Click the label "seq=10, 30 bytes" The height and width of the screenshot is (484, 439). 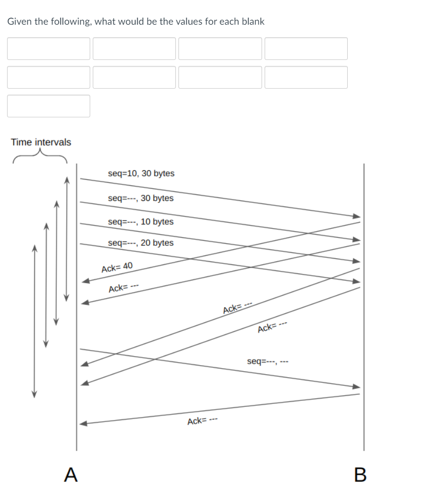[x=141, y=173]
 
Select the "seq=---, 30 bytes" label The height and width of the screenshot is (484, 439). [x=141, y=198]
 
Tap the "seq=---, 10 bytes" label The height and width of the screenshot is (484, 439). [x=141, y=222]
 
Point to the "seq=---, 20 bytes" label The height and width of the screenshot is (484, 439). [x=141, y=243]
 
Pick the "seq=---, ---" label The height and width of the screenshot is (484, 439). [x=268, y=361]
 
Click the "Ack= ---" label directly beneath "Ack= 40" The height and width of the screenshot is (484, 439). [x=123, y=289]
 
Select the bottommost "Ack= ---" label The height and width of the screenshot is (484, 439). [x=202, y=421]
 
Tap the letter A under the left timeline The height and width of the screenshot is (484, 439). [x=72, y=474]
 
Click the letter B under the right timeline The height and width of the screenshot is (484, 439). [x=359, y=474]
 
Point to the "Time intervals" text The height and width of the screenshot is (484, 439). [x=41, y=142]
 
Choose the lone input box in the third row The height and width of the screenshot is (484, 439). [x=48, y=106]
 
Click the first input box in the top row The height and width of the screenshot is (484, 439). [x=48, y=48]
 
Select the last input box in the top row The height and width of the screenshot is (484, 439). [x=306, y=48]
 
